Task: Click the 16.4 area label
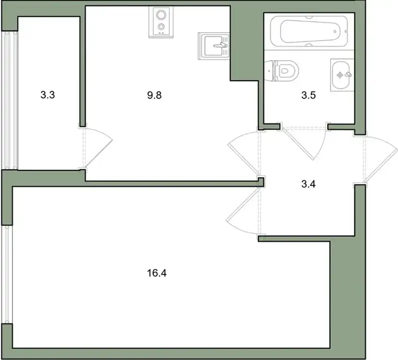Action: click(x=157, y=273)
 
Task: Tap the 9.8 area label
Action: click(x=154, y=95)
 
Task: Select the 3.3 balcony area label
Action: click(x=47, y=95)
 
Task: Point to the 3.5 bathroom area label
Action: click(x=308, y=95)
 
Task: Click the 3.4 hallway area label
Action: click(x=308, y=184)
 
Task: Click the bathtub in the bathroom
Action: click(x=309, y=31)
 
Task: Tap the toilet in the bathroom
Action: click(x=281, y=71)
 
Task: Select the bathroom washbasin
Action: click(x=342, y=75)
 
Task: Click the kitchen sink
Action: click(x=214, y=46)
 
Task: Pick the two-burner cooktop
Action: click(x=161, y=22)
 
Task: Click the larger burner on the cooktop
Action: click(x=161, y=15)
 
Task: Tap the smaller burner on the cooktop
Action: click(x=161, y=26)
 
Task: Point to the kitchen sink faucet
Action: click(x=220, y=45)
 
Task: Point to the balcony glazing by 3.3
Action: click(x=9, y=100)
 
